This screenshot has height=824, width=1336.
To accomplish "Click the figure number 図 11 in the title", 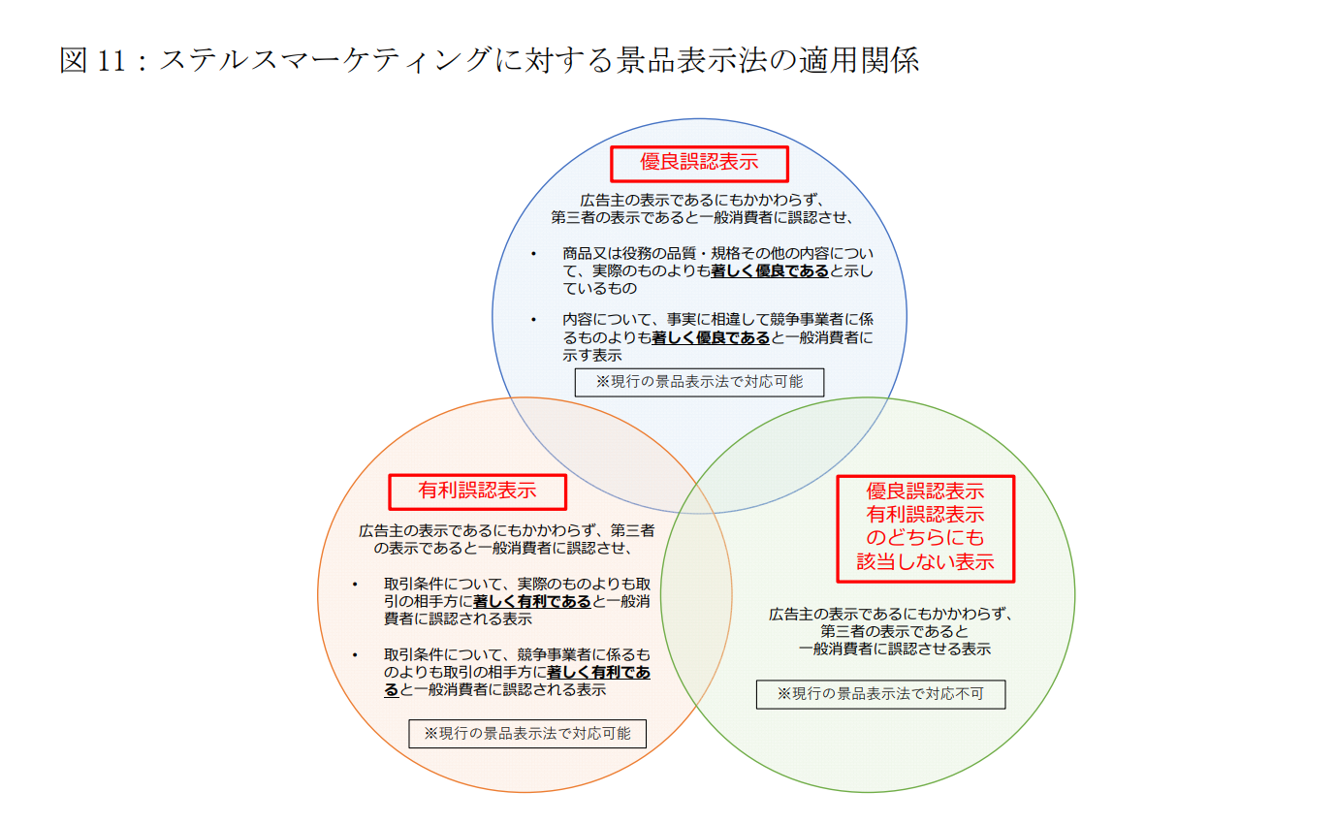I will click(93, 60).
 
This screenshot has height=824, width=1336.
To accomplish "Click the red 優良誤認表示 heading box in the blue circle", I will click(698, 163).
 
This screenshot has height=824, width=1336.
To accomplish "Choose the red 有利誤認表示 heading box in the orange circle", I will click(477, 491).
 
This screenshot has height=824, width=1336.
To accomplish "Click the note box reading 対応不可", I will click(880, 694).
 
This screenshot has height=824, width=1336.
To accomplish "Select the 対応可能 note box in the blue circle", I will click(698, 382).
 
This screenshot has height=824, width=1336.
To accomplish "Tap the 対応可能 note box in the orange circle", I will click(527, 734).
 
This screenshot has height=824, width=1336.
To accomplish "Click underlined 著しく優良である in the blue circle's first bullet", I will click(770, 271).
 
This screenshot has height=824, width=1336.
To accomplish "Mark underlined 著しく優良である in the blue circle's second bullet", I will click(711, 337).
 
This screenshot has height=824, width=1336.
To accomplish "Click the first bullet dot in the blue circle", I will click(533, 254).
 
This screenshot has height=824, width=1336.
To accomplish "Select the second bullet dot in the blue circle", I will click(533, 319).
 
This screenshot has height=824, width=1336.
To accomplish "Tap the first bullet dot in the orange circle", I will click(356, 585).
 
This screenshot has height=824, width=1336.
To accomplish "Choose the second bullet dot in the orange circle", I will click(356, 653).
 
